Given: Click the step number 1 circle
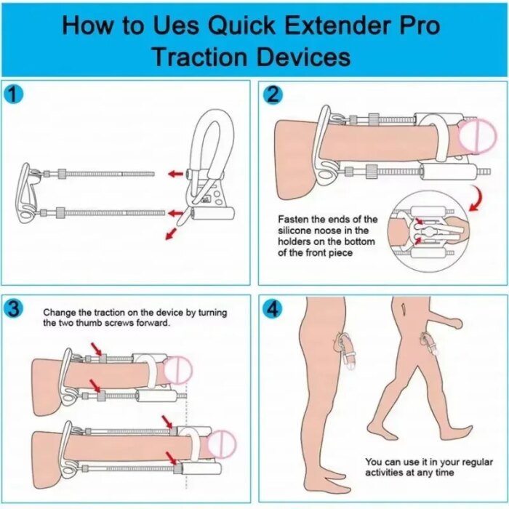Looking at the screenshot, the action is (13, 95).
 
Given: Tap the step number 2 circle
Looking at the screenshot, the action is (273, 95).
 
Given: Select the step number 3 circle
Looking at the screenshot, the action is (13, 308).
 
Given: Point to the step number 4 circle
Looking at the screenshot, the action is (273, 308).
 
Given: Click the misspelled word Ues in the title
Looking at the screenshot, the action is (176, 25).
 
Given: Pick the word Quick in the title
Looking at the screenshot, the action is (241, 25).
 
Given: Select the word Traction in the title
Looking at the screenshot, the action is (200, 57).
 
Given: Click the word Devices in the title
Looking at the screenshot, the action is (303, 57).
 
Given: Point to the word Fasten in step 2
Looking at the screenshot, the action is (293, 220).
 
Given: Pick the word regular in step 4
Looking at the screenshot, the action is (476, 462).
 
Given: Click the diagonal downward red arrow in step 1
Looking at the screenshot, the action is (171, 233).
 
